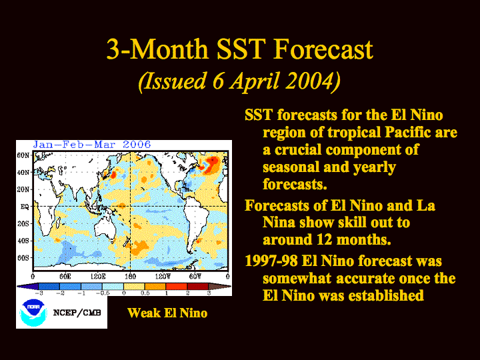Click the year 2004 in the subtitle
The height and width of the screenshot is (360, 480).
tap(309, 81)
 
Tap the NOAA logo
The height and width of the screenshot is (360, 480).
tap(33, 313)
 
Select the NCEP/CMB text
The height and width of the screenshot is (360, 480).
tap(77, 313)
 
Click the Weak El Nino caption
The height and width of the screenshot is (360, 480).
tap(167, 313)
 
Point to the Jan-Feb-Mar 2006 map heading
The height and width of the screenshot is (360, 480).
tap(92, 145)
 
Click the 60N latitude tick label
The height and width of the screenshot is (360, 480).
tap(23, 155)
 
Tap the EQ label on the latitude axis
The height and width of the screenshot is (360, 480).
tap(25, 207)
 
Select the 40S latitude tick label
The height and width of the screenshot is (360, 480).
tap(23, 241)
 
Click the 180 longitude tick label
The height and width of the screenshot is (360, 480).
tap(131, 277)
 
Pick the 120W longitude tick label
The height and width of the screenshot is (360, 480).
tap(163, 277)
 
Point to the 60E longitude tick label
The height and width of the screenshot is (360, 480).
tap(65, 277)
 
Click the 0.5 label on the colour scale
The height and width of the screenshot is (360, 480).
tap(145, 293)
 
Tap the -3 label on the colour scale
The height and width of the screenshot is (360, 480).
tap(39, 293)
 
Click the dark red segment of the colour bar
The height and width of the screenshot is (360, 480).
tap(198, 287)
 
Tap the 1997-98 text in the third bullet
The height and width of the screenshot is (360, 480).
tap(271, 261)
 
